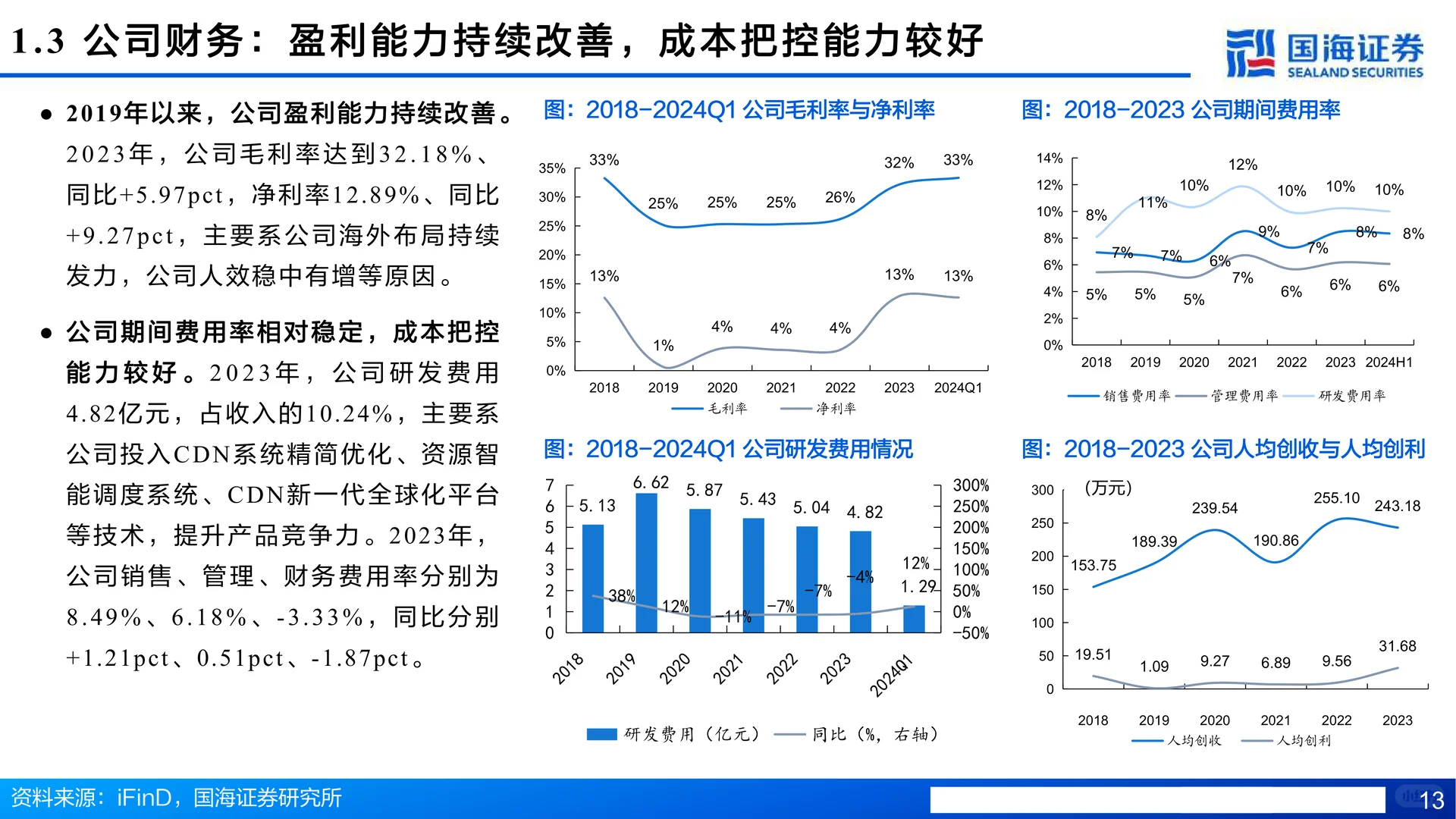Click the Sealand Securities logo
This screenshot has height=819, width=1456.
click(1324, 53)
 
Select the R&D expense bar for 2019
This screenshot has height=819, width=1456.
click(646, 562)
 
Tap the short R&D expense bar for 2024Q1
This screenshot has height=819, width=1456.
click(914, 618)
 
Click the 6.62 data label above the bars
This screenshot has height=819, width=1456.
click(651, 482)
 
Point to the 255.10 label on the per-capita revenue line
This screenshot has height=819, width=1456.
click(1336, 498)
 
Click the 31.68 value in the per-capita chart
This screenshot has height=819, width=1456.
click(1397, 646)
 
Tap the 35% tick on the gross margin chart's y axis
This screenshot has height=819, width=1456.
click(552, 168)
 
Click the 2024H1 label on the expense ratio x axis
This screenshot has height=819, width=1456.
click(1389, 362)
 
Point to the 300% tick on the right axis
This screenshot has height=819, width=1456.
click(971, 485)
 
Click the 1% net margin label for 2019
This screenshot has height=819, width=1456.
click(663, 346)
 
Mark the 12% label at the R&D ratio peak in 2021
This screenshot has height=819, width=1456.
click(1242, 165)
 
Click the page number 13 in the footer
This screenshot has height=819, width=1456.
click(1431, 800)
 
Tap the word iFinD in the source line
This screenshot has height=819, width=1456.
click(144, 798)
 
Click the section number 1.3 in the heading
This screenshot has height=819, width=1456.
click(38, 41)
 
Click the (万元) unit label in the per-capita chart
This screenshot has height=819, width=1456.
click(1108, 488)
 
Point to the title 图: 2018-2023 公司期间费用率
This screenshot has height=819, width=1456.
click(1180, 110)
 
